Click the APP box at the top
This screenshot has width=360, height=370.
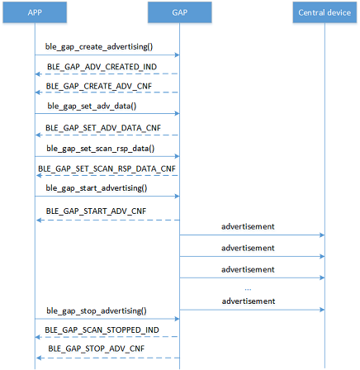click(x=35, y=12)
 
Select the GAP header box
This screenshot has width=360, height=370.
click(x=180, y=12)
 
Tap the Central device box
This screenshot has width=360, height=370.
click(x=324, y=12)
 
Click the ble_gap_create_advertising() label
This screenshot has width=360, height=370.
click(x=99, y=47)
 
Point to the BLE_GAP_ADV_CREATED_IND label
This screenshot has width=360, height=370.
click(x=102, y=67)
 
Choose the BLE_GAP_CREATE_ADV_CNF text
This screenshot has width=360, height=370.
click(x=99, y=86)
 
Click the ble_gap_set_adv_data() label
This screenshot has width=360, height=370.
click(x=92, y=107)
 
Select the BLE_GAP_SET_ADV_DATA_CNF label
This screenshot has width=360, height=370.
click(x=103, y=128)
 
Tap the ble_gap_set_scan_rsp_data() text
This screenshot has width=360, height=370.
click(x=101, y=149)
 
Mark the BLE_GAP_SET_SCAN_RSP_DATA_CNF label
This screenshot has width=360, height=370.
click(x=107, y=168)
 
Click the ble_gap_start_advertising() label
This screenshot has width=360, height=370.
click(x=97, y=188)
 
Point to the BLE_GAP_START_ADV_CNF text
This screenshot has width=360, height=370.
click(x=96, y=211)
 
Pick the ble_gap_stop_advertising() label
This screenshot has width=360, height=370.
click(x=97, y=311)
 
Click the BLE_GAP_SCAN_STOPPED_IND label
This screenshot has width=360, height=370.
click(x=102, y=330)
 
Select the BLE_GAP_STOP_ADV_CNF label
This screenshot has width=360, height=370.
click(x=97, y=349)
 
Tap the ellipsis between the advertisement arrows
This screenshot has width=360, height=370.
click(x=248, y=289)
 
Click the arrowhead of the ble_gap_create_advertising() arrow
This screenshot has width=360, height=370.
click(x=178, y=55)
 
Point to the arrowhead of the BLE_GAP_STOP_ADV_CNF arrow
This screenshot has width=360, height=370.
click(x=39, y=358)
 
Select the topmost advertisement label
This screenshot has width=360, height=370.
click(x=248, y=226)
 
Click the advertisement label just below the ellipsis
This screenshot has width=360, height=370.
click(x=249, y=301)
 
